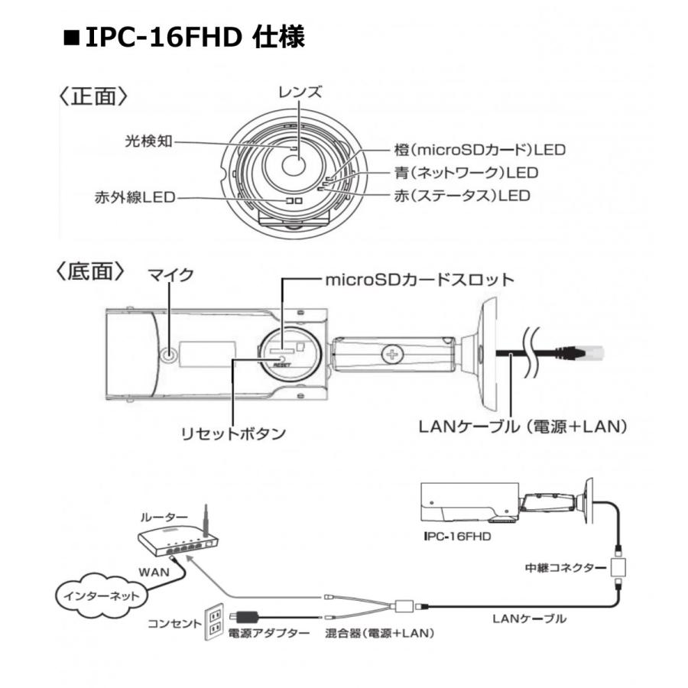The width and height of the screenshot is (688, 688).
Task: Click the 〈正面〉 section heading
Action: click(x=92, y=97)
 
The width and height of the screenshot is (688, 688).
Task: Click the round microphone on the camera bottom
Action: click(x=170, y=354)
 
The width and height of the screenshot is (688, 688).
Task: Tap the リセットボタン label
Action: click(x=232, y=433)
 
